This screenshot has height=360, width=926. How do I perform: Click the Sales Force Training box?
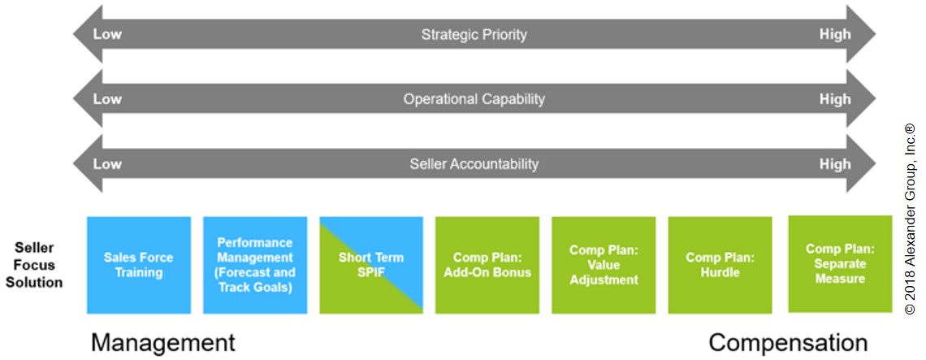139,265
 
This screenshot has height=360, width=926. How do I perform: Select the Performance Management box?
255,265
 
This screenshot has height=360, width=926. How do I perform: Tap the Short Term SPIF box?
371,265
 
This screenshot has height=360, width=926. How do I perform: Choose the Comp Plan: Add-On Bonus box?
487,265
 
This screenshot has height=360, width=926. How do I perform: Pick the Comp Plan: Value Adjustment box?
604,265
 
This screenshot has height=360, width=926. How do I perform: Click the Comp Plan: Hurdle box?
720,265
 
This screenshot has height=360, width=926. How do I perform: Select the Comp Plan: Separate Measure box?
840,263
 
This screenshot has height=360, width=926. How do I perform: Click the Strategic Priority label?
474,34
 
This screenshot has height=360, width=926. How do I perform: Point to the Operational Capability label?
474,98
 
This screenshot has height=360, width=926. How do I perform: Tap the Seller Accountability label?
474,163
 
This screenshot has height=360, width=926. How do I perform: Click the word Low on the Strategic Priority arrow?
107,34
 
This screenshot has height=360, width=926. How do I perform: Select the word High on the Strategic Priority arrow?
835,34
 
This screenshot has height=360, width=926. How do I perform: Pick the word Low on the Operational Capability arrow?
107,98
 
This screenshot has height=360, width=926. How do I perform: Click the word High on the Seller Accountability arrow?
835,163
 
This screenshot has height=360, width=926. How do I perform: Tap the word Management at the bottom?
163,343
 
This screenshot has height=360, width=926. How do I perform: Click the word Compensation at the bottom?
789,343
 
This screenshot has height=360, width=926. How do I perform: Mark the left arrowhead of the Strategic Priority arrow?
88,34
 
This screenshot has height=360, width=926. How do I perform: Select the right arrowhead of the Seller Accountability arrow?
861,163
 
